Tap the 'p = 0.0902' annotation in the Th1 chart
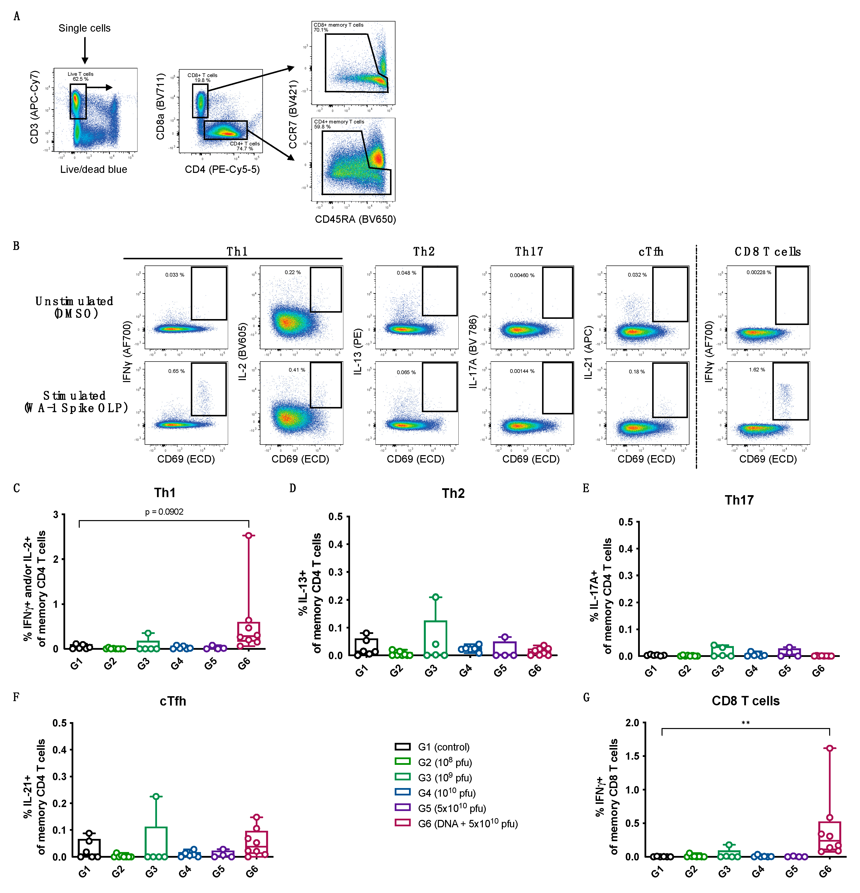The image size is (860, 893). coord(164,512)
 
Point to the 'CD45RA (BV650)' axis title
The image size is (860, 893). coord(355,219)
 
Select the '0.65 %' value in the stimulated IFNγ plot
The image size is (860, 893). coord(176,371)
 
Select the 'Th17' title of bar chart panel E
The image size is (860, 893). coord(739,500)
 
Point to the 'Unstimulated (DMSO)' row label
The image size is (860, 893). coord(74,307)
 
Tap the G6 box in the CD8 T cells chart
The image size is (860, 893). coord(829,837)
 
